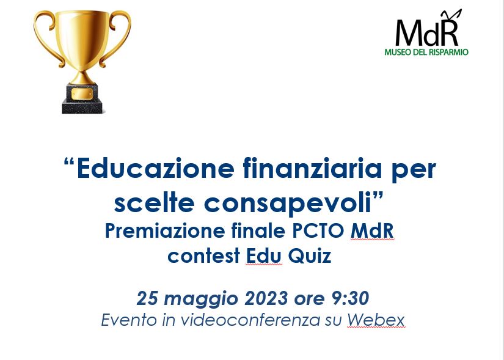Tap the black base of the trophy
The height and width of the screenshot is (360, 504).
click(x=82, y=99)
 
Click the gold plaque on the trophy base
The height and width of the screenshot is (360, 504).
click(x=82, y=94)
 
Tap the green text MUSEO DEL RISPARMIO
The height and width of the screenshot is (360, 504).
click(x=426, y=52)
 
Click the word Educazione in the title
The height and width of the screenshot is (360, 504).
click(x=156, y=168)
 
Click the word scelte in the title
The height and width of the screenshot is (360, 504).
click(x=155, y=203)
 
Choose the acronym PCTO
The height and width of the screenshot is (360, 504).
click(x=318, y=230)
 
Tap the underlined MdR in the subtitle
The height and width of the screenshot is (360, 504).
click(x=372, y=231)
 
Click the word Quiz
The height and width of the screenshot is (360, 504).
click(x=310, y=256)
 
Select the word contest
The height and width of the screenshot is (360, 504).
click(x=204, y=257)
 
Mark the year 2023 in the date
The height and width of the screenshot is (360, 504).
click(x=266, y=298)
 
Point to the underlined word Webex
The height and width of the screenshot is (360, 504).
click(x=376, y=320)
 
